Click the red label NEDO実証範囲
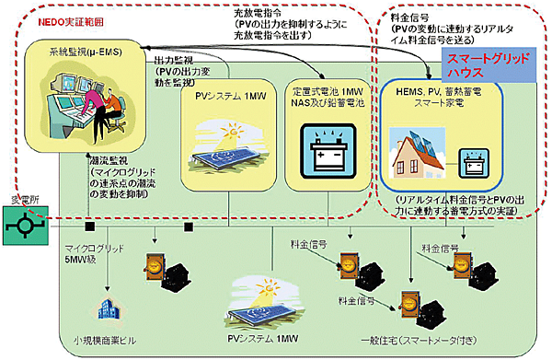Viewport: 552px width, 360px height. coord(68,19)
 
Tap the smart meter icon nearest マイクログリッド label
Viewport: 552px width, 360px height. coord(161,263)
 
